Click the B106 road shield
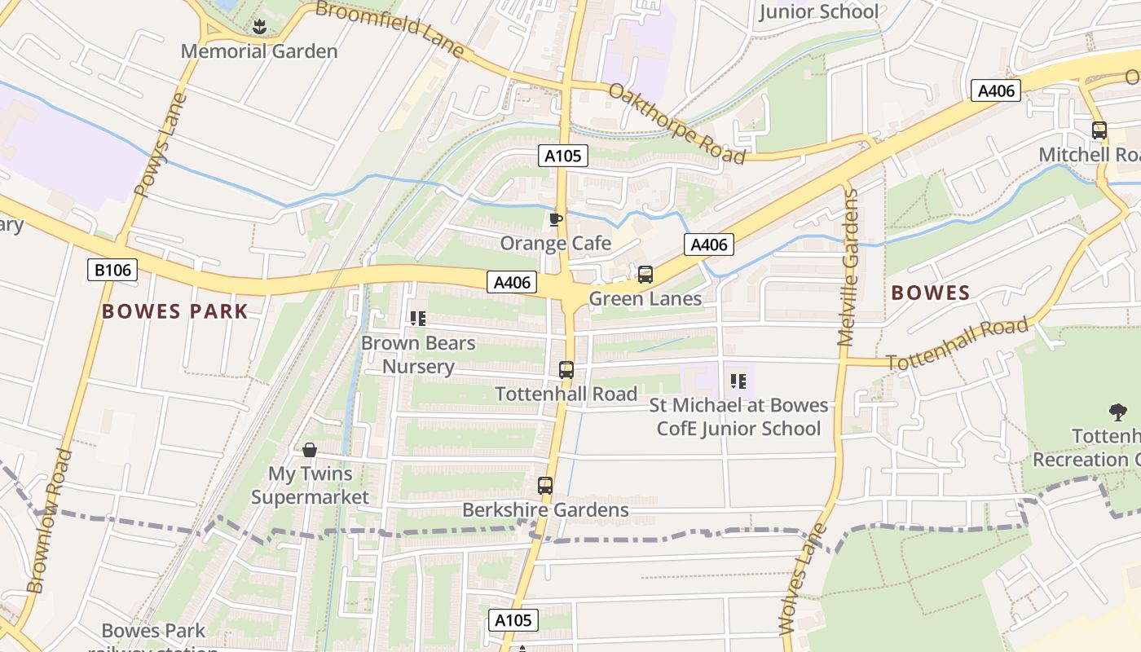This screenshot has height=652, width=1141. point(112,270)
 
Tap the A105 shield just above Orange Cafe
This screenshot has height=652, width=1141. point(562,156)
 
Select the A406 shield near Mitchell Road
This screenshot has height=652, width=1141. point(996,90)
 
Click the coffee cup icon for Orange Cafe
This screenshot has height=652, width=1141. point(556,219)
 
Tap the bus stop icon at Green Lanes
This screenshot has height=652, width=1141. point(645,275)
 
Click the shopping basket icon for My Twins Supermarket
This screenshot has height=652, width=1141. point(310,450)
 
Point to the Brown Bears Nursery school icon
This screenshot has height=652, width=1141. point(418,319)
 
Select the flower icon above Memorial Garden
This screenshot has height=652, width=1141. point(259,27)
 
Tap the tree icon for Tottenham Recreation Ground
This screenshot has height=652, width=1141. point(1117,412)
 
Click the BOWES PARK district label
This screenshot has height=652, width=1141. point(175,311)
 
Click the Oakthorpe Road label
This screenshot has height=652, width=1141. point(676,123)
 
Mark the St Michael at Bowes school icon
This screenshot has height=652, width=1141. point(738,381)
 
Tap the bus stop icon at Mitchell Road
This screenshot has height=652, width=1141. point(1099,130)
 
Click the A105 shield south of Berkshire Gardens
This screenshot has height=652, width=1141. point(513,620)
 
